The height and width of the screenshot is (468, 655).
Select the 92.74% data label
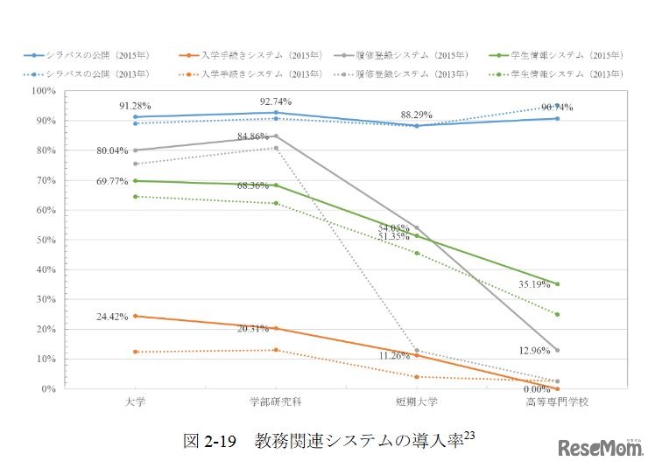click(x=276, y=101)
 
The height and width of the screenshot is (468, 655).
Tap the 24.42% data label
click(x=114, y=316)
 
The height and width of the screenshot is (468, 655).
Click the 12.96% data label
click(x=536, y=351)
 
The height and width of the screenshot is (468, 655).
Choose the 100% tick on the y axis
click(x=44, y=91)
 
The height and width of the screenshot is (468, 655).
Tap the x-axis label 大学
click(x=134, y=402)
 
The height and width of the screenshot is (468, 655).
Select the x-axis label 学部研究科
click(x=276, y=402)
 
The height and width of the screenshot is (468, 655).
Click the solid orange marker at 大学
click(x=134, y=316)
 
